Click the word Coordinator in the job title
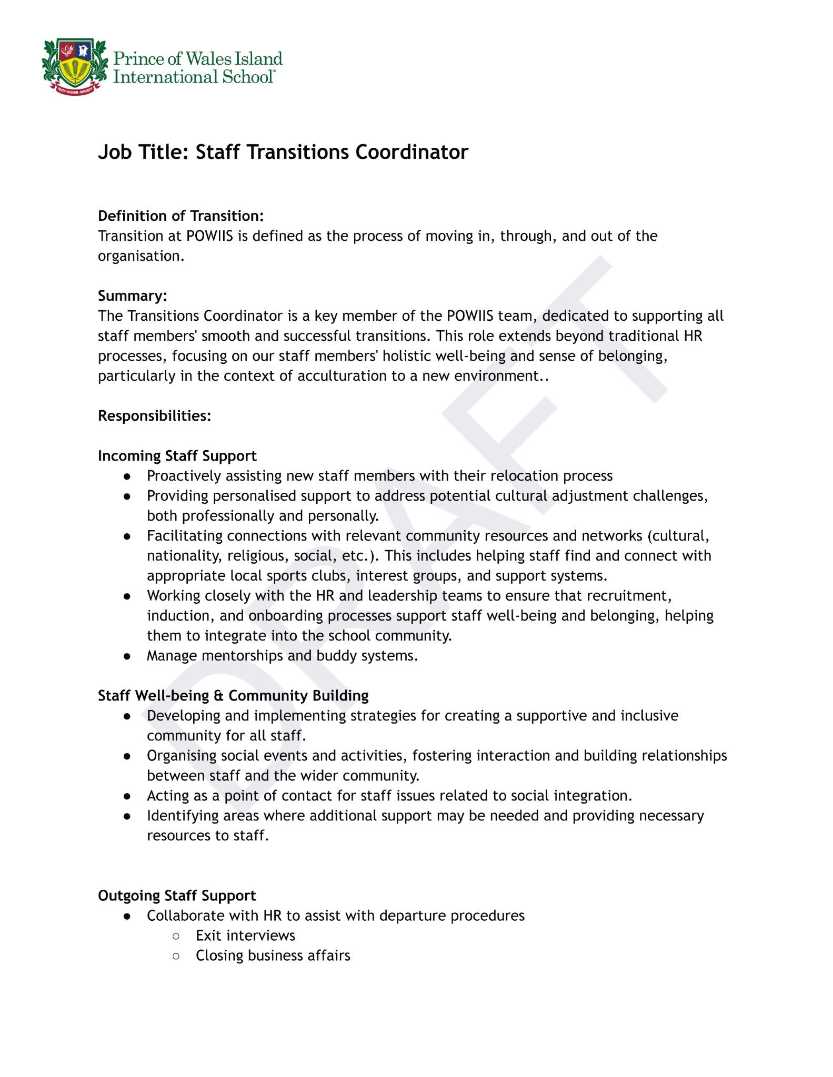[x=412, y=153]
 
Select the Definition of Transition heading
[x=180, y=216]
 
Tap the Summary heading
[x=133, y=296]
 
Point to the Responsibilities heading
[x=155, y=416]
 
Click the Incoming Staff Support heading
[x=177, y=456]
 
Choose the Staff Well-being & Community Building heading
[x=233, y=696]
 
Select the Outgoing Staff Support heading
[x=177, y=896]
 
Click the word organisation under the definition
[x=141, y=257]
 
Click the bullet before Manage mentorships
[x=127, y=656]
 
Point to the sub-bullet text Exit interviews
[x=245, y=936]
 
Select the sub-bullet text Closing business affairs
[x=273, y=956]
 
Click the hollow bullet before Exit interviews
[x=176, y=936]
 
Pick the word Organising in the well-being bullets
[x=182, y=756]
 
